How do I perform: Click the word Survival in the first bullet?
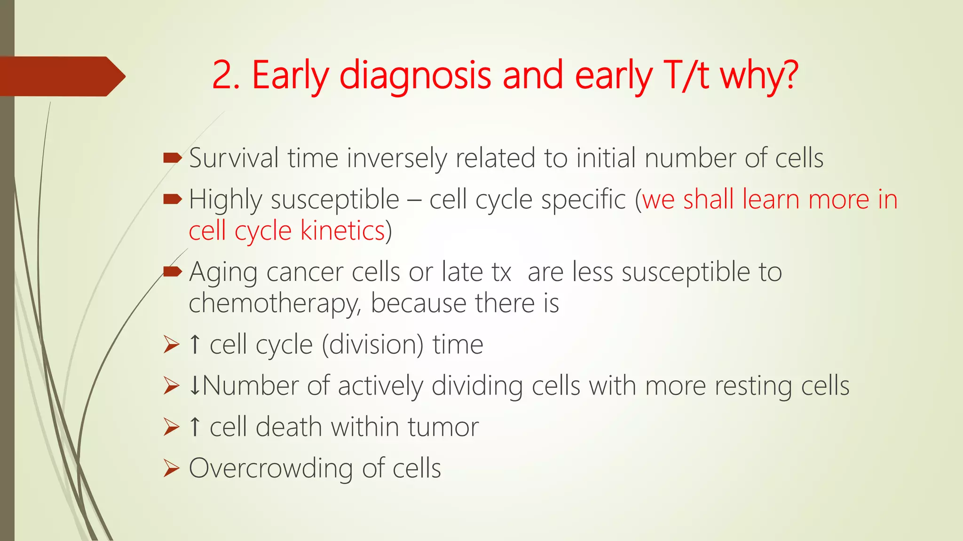(234, 158)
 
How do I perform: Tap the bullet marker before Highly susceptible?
(172, 200)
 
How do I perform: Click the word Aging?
(223, 273)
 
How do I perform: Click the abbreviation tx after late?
(501, 272)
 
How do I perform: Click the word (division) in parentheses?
(372, 345)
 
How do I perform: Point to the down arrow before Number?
(195, 386)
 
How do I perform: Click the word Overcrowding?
(271, 469)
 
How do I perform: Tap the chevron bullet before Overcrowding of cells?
(172, 468)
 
